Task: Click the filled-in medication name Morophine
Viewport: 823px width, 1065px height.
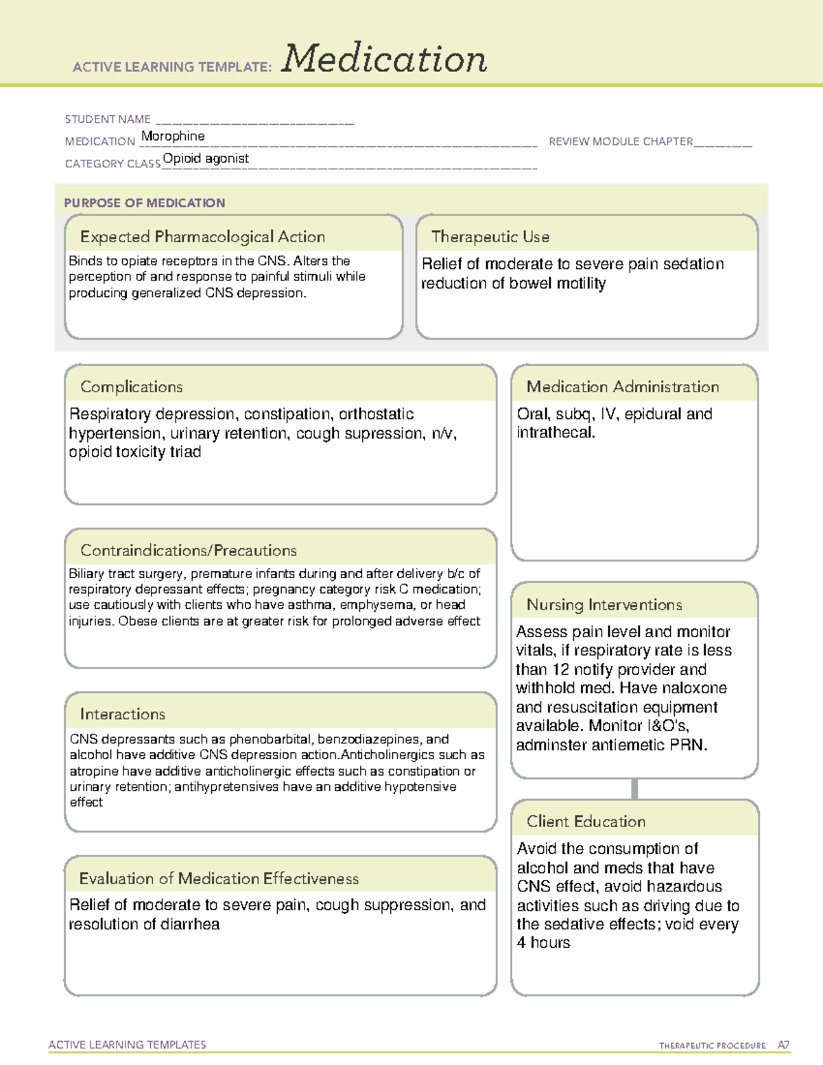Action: tap(173, 136)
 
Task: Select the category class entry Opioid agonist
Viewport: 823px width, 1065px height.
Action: tap(206, 158)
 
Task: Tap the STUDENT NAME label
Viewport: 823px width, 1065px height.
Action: tap(108, 119)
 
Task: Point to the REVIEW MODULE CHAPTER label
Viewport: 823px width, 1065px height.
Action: tap(621, 141)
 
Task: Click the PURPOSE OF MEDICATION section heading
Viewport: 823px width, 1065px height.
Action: tap(145, 203)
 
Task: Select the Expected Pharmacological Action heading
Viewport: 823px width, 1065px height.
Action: tap(202, 237)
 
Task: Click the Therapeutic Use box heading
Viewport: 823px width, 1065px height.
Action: tap(490, 237)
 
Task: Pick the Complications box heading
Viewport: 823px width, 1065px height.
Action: tap(132, 387)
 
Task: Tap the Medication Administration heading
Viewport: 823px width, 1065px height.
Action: tap(623, 387)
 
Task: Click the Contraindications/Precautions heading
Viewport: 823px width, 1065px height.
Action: tap(189, 550)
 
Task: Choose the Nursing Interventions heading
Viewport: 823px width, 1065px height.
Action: tap(604, 605)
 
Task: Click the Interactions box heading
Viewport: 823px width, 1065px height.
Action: tap(123, 714)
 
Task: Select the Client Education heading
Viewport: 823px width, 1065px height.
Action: tap(586, 822)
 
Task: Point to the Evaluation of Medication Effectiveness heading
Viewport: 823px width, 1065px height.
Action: tap(219, 878)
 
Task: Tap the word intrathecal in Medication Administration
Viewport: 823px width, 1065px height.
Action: tap(555, 433)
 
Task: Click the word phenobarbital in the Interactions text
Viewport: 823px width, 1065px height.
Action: tap(270, 739)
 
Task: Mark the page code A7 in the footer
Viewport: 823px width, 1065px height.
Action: tap(783, 1045)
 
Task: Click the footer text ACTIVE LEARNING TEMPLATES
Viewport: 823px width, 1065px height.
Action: tap(128, 1044)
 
